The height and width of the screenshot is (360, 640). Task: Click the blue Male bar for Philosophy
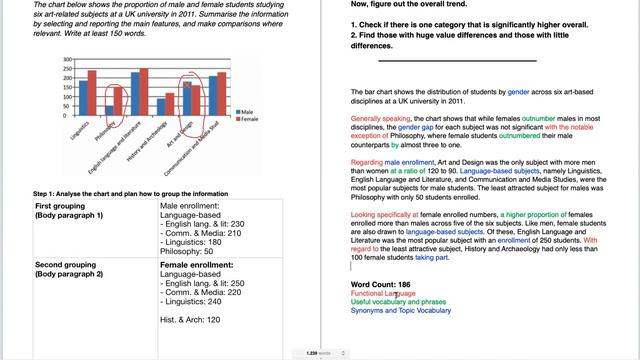110,109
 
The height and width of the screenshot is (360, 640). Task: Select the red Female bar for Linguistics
92,91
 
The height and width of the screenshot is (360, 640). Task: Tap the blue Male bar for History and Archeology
162,105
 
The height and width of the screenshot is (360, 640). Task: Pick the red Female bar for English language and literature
144,90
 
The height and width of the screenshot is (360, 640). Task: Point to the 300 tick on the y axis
69,60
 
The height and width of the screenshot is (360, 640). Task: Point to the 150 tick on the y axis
69,87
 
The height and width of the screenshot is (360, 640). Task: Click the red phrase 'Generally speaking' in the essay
380,118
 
